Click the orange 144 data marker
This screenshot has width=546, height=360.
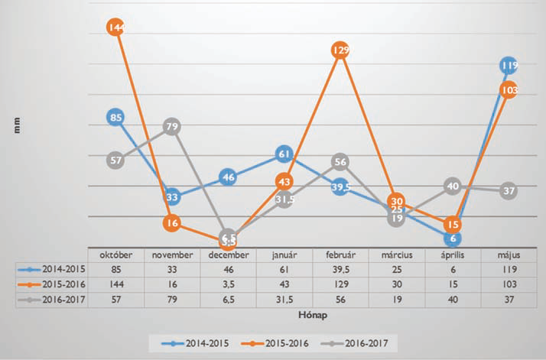[117, 28]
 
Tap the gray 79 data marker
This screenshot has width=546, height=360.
[172, 126]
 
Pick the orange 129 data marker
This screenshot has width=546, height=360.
[341, 50]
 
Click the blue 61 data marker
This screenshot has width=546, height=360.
[284, 154]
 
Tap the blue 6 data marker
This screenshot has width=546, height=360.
[453, 238]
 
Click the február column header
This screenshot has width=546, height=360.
[341, 255]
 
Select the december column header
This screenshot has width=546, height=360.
[228, 255]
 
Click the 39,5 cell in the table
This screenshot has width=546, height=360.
[341, 268]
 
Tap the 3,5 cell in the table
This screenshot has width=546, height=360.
[228, 283]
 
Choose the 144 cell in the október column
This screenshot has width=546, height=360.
[117, 283]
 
